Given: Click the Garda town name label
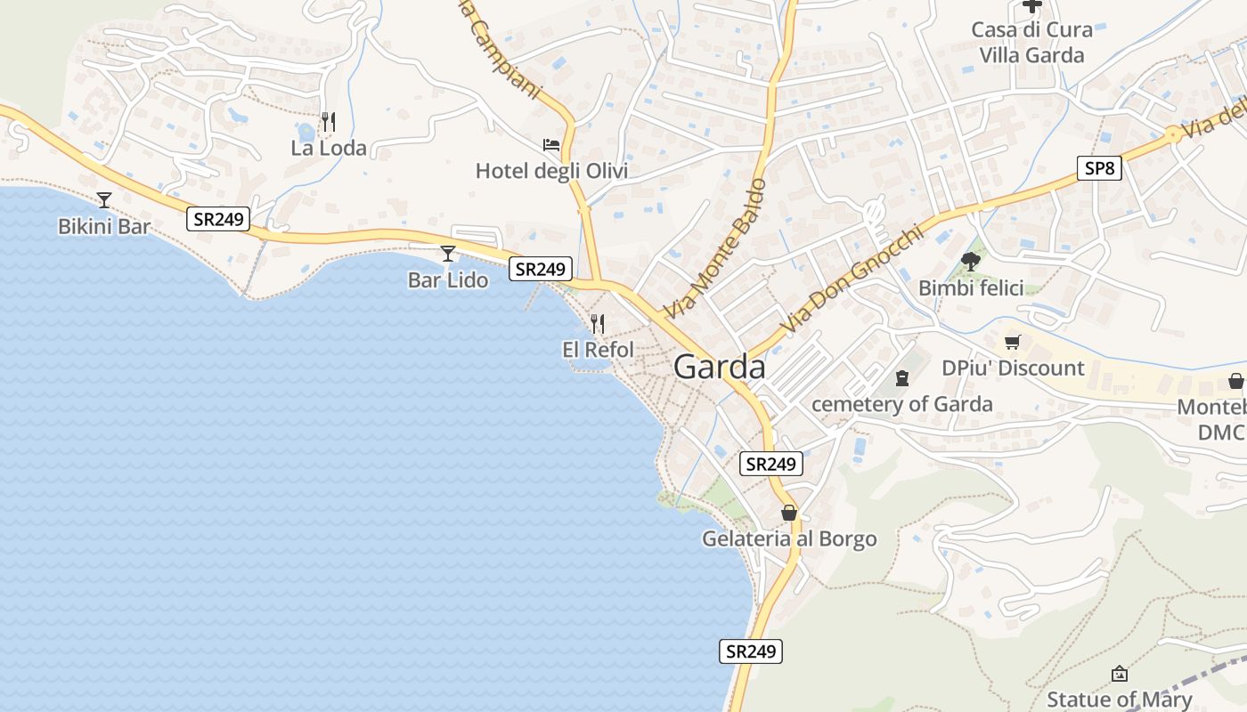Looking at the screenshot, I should pos(719,367).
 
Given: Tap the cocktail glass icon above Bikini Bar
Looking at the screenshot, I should pos(104,200).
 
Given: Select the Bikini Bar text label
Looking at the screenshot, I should pos(104,226).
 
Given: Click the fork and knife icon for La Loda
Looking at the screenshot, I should pos(329,121).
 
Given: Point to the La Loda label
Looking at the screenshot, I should pos(329,148).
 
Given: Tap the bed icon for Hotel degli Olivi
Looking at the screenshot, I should pos(551,144).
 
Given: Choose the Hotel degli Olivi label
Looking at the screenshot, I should pos(551,171).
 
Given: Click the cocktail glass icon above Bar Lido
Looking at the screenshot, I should pos(448,254).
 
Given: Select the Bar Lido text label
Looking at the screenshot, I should pos(448,280).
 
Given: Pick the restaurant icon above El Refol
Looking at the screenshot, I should pos(598,324).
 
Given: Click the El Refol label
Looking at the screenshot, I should pos(598,350).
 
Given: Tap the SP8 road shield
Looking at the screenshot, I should pos(1098,168).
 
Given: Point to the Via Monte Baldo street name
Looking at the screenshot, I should pos(714,250).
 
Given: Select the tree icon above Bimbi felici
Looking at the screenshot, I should pos(970,262).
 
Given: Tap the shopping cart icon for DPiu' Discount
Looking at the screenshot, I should pos(1012,342).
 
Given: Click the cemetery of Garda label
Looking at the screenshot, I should pos(901,404).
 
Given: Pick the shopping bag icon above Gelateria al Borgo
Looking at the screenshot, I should pos(788,513).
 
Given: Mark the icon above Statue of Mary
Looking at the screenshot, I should pos(1119,674).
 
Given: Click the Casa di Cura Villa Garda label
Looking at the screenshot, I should pos(1031,42).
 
